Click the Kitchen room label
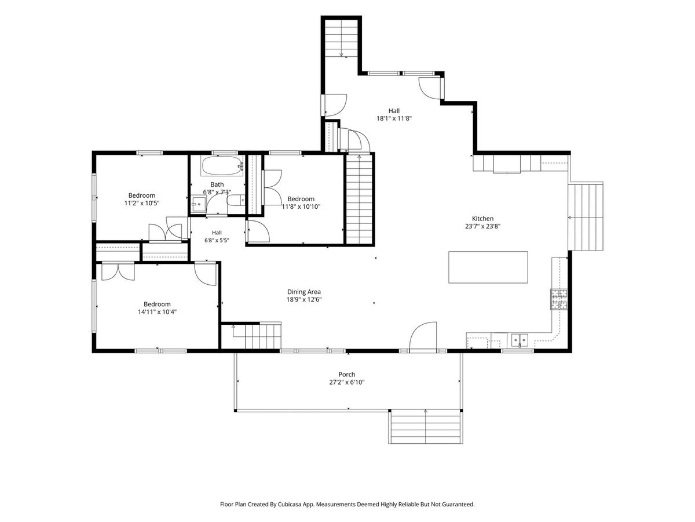(x=482, y=219)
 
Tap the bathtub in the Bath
(x=222, y=166)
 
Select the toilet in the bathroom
(x=236, y=200)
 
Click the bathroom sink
(x=199, y=204)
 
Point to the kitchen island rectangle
(x=488, y=267)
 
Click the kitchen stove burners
(x=558, y=299)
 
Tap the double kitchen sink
(x=520, y=340)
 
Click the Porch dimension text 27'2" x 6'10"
(x=347, y=382)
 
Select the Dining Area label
(x=303, y=292)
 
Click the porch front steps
(x=425, y=426)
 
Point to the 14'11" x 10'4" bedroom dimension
(x=157, y=311)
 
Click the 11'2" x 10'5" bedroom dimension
(x=141, y=203)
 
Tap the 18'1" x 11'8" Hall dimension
(x=394, y=118)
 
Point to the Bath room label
(x=217, y=184)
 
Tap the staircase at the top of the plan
(x=341, y=38)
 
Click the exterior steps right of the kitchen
(x=585, y=216)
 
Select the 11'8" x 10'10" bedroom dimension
(x=301, y=206)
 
